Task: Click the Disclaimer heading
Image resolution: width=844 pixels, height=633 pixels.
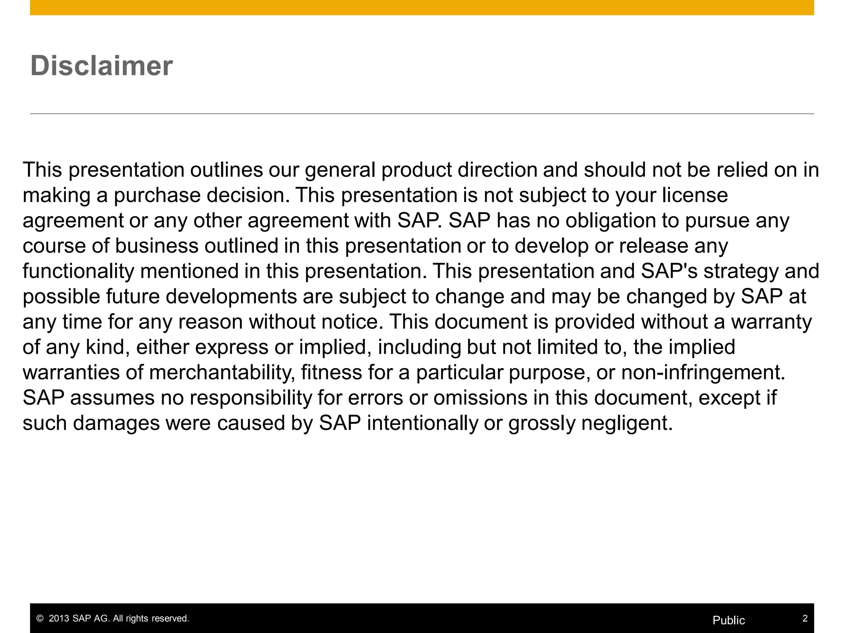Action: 101,66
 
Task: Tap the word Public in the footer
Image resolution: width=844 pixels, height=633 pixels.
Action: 729,620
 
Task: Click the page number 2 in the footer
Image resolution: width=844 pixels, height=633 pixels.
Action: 805,618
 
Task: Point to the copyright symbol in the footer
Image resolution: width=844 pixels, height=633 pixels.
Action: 40,619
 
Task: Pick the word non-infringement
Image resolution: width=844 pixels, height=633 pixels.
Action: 703,373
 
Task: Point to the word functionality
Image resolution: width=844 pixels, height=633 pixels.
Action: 78,271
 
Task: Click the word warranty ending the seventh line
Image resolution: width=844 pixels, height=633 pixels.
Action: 771,322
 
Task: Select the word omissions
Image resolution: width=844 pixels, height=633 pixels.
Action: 480,398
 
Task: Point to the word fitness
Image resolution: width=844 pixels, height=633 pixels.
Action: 331,373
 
